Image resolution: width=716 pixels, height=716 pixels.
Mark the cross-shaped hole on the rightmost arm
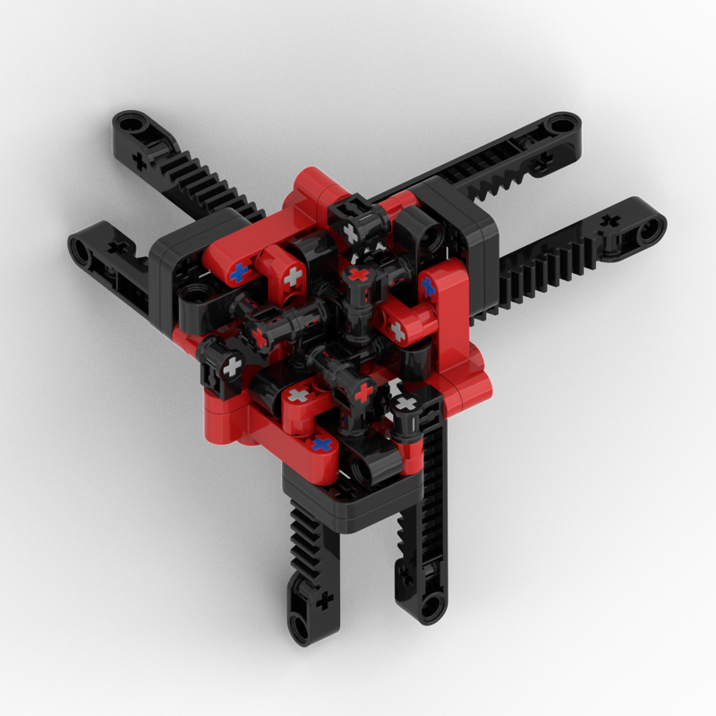pyautogui.click(x=611, y=220)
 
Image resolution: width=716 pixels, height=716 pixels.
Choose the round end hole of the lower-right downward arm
pyautogui.click(x=431, y=606)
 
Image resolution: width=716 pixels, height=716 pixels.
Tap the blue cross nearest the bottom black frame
pyautogui.click(x=321, y=444)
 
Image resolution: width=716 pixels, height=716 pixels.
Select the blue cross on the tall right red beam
pyautogui.click(x=428, y=286)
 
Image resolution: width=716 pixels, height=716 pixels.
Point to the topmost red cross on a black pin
pyautogui.click(x=359, y=275)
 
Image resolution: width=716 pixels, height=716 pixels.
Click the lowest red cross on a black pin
pyautogui.click(x=363, y=392)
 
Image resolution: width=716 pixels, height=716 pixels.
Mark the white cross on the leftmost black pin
pyautogui.click(x=232, y=366)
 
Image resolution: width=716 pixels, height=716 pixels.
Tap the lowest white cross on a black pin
pyautogui.click(x=405, y=405)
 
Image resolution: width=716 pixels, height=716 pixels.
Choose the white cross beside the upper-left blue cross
pyautogui.click(x=292, y=278)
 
